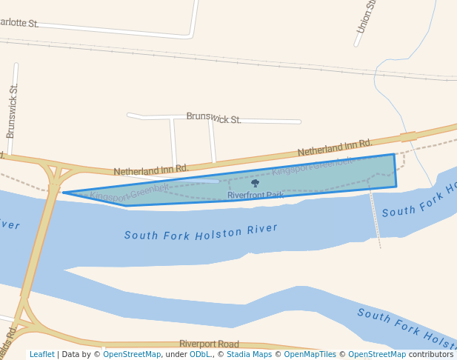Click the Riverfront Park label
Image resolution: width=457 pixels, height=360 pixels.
point(255,196)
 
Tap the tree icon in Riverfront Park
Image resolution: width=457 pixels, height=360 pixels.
point(255,183)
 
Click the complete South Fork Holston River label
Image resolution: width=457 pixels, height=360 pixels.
point(201,232)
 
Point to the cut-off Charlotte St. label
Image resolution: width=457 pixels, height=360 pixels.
point(19,23)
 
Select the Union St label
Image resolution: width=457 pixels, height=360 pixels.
point(367,16)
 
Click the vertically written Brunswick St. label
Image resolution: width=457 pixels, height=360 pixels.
point(12,111)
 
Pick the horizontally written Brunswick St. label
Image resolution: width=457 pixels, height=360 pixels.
point(213,118)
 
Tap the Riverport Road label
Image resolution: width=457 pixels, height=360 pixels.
point(209,344)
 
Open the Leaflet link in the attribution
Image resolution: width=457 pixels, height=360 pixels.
point(42,354)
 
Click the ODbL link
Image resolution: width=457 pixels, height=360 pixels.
point(199,354)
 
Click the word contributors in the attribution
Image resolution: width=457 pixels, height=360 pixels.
point(430,354)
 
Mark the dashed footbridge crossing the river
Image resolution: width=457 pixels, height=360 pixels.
point(376,219)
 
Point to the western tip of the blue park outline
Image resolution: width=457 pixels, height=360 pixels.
point(64,193)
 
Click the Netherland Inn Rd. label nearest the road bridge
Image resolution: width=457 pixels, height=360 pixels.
point(150,170)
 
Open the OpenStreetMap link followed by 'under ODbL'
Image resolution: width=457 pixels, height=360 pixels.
point(132,354)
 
